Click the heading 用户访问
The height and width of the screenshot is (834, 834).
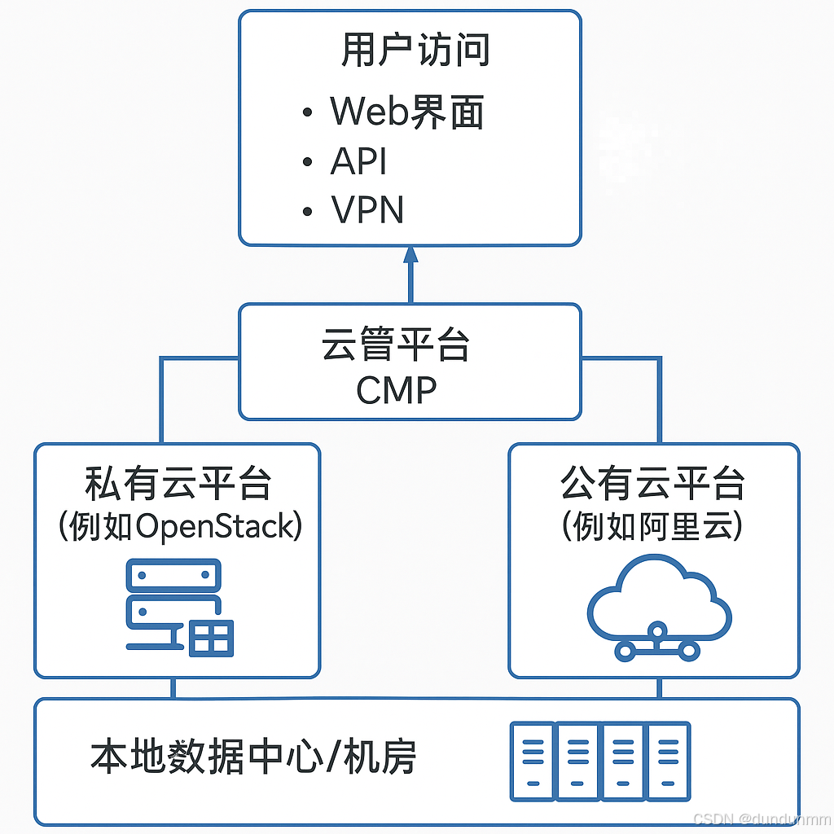pos(415,50)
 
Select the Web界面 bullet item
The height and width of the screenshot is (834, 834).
pos(407,112)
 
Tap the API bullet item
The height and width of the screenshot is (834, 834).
pos(358,161)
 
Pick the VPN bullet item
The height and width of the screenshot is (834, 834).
pos(367,209)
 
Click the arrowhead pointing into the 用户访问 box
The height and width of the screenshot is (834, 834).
pos(410,255)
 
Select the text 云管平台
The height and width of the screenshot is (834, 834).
pos(396,345)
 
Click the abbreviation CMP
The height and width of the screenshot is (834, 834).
pos(397,390)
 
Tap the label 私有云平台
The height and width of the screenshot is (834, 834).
pos(178,484)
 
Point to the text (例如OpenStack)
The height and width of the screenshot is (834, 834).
pos(180,527)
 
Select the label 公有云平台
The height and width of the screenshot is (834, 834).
pos(653,484)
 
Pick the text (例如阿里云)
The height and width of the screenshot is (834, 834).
pos(653,527)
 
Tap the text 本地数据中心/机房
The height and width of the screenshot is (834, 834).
pos(253,757)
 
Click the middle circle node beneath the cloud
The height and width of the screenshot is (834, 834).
pos(657,631)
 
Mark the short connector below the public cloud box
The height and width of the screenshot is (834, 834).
pos(659,688)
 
